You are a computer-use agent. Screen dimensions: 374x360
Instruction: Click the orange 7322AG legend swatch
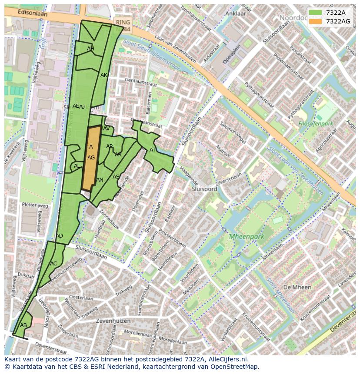316,21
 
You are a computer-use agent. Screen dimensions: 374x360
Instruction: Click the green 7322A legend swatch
316,13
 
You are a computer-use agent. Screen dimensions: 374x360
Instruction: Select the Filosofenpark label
316,123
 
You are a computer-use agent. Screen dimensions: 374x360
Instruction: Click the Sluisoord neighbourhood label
204,189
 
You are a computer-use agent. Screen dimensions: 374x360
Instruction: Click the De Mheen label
297,287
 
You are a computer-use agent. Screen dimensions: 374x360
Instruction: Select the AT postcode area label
153,150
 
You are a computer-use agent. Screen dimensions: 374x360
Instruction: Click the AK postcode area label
104,75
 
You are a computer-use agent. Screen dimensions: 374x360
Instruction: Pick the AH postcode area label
90,49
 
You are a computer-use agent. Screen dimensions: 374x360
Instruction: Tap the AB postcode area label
23,325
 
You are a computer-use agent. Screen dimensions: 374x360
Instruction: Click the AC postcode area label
53,263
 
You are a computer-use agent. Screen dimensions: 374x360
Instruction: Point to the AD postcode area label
60,236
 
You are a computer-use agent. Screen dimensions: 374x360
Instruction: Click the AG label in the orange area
91,158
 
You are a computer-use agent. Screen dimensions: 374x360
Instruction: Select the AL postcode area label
77,166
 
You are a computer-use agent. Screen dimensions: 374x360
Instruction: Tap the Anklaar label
236,13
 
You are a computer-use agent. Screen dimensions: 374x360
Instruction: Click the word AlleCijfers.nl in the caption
227,359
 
